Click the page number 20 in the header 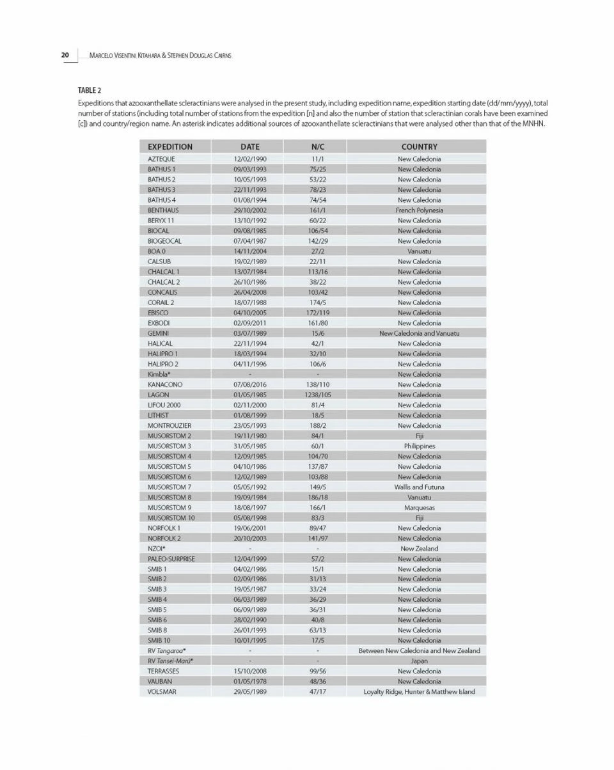coord(65,55)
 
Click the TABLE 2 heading coord(90,90)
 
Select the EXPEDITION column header coord(169,146)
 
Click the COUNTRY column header coord(419,146)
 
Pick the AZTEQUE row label coord(161,159)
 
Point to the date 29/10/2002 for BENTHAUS coord(249,210)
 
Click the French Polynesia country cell coord(419,210)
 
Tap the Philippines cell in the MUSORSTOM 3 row coord(419,446)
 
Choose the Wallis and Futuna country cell coord(419,487)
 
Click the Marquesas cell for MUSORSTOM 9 coord(419,507)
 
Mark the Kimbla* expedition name coord(159,374)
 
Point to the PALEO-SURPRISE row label coord(171,558)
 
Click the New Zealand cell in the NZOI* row coord(419,548)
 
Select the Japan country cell coord(419,661)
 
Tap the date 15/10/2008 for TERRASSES coord(249,671)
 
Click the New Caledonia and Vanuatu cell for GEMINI coord(419,333)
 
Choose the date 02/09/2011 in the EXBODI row coord(249,323)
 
